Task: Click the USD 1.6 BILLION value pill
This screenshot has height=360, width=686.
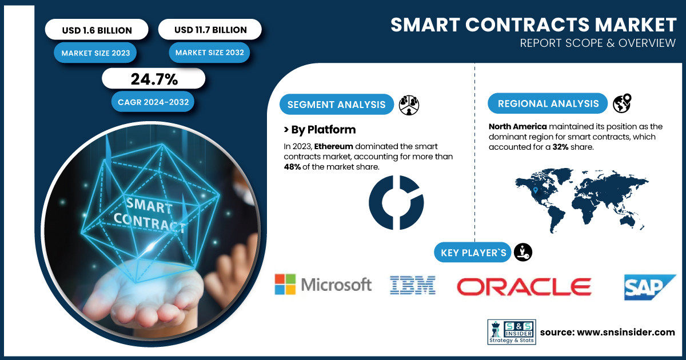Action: click(x=97, y=29)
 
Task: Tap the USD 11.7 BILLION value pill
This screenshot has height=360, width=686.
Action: click(x=210, y=29)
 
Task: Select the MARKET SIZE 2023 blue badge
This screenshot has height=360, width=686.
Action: click(x=95, y=53)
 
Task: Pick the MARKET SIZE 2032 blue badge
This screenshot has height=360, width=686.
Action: click(x=209, y=53)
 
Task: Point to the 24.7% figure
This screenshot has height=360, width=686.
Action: click(x=154, y=79)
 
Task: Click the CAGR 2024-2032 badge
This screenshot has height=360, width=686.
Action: click(x=153, y=102)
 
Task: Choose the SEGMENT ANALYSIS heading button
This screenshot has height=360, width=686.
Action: click(x=337, y=105)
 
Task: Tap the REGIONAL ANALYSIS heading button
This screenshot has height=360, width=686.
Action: click(x=548, y=103)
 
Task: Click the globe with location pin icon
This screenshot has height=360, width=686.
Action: click(x=622, y=103)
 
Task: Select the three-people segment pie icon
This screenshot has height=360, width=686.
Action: click(x=409, y=105)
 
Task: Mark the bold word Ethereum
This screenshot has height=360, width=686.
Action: click(x=333, y=146)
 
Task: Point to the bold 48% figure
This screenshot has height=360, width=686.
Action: click(x=292, y=167)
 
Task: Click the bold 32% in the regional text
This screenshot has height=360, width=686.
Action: click(x=560, y=147)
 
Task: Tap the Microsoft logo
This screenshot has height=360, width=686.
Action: click(x=323, y=285)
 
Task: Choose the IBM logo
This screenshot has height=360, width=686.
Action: click(x=413, y=285)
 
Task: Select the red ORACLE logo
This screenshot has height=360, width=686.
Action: click(x=524, y=287)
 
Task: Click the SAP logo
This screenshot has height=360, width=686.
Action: click(x=650, y=287)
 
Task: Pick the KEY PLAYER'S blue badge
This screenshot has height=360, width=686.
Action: click(x=473, y=253)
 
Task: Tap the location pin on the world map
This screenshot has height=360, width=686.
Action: click(x=535, y=190)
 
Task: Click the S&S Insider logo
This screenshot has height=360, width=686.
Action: click(x=512, y=332)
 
